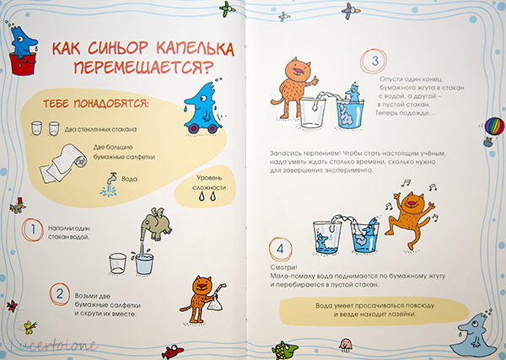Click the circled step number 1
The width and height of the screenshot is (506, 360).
[x=33, y=230]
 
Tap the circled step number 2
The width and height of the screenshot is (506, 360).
[x=60, y=294]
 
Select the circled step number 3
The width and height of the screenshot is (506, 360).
[x=374, y=61]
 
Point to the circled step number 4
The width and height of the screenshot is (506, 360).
[x=280, y=249]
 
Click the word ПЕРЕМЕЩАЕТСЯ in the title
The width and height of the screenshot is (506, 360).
[x=143, y=67]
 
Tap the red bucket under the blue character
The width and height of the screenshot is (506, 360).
[x=23, y=64]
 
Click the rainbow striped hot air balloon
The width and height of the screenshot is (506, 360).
[x=495, y=126]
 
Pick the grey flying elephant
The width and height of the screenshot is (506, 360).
[x=156, y=224]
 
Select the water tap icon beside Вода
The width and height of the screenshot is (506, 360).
[x=109, y=184]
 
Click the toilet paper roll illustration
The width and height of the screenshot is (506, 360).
[x=63, y=162]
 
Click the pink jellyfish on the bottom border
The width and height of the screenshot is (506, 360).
[x=346, y=345]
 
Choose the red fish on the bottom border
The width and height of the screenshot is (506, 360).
[x=172, y=352]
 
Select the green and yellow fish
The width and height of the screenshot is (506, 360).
[x=284, y=349]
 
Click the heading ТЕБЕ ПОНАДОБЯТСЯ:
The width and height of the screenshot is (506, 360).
[x=96, y=104]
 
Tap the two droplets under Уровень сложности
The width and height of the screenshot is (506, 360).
[x=207, y=196]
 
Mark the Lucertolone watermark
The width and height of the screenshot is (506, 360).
[x=53, y=346]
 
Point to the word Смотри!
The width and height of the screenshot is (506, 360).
[x=283, y=268]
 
